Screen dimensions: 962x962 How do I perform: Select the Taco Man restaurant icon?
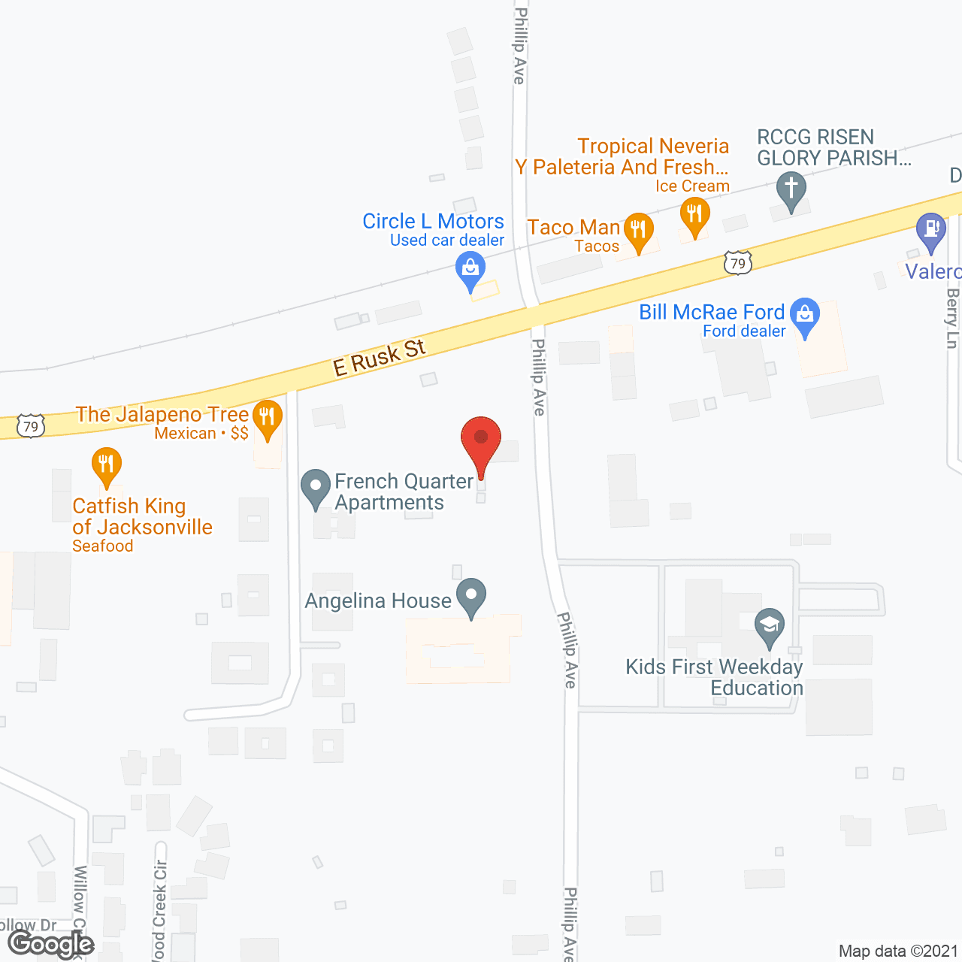[x=638, y=230]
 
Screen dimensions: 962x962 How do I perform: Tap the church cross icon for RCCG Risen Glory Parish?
[x=791, y=189]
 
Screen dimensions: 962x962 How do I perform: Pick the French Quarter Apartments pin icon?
[x=316, y=487]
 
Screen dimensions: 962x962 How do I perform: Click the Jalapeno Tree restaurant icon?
[x=267, y=417]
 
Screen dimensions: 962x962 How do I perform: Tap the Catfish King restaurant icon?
[x=107, y=465]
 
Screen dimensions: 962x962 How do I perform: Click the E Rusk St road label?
[x=380, y=358]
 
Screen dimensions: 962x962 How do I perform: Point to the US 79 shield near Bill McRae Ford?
[x=738, y=263]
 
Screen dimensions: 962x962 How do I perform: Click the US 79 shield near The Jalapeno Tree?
[x=31, y=427]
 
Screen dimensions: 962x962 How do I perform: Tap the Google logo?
[x=51, y=944]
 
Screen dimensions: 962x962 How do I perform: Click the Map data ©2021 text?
[x=898, y=951]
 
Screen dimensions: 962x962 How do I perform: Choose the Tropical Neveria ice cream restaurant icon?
[x=695, y=214]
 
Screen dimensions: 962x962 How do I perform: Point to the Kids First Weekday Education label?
[x=714, y=677]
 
